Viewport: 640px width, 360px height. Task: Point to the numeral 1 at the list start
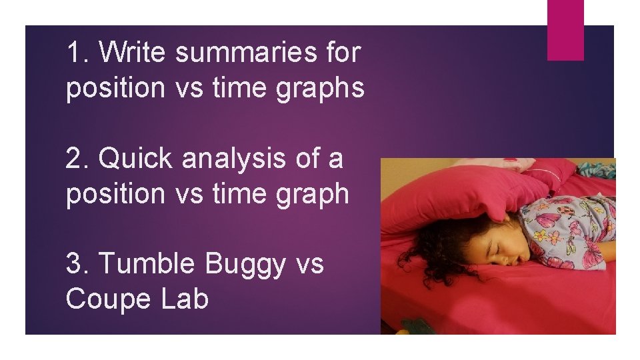[75, 52]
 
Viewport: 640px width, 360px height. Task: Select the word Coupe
[107, 299]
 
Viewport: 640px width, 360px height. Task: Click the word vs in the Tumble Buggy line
[309, 265]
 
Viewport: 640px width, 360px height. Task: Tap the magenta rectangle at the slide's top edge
[565, 29]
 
